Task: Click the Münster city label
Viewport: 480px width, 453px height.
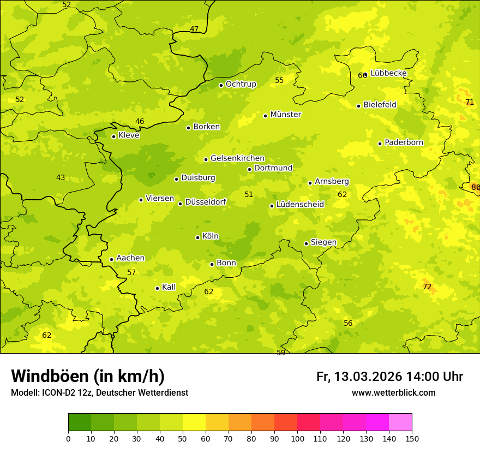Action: [x=285, y=115]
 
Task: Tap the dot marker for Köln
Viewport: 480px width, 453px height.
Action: [x=197, y=237]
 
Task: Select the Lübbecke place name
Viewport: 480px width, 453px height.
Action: [x=388, y=73]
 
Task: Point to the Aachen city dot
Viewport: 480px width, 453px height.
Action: [x=111, y=259]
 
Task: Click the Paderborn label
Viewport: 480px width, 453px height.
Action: [x=404, y=142]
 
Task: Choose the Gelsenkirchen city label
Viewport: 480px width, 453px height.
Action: [x=237, y=158]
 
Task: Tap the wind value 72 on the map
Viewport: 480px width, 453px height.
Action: [x=427, y=287]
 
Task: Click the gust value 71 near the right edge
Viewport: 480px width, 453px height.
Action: [x=470, y=102]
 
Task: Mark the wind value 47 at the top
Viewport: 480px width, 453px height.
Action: [x=194, y=29]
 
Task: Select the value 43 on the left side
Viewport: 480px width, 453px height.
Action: [x=61, y=177]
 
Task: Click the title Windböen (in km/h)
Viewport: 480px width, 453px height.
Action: [x=88, y=376]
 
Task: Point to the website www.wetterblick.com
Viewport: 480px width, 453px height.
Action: [x=393, y=392]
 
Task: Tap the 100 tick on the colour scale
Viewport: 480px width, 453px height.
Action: [x=297, y=438]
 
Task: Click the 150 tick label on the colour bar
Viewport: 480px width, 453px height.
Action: [x=412, y=438]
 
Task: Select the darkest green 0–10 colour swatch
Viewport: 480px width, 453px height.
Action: [x=80, y=422]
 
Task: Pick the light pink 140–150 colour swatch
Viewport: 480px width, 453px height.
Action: [x=400, y=422]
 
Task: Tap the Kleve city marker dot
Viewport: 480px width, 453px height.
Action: [x=113, y=136]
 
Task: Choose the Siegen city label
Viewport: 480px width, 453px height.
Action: [x=323, y=242]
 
